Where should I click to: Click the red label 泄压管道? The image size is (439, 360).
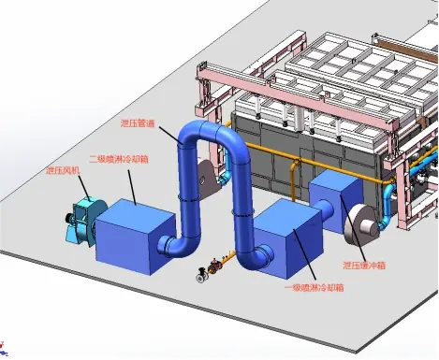[x=138, y=123]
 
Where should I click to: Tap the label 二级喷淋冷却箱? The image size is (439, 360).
[x=119, y=159]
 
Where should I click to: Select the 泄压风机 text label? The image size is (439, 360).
[x=63, y=170]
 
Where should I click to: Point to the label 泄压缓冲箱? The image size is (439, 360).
[x=364, y=266]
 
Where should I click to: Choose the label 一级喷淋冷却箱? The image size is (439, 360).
[x=315, y=287]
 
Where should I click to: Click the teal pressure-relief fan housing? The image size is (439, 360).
[x=86, y=220]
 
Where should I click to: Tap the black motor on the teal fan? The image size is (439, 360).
[x=69, y=219]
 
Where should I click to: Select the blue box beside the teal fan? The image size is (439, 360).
[x=136, y=237]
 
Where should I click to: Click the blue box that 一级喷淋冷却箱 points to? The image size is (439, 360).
[x=287, y=238]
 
